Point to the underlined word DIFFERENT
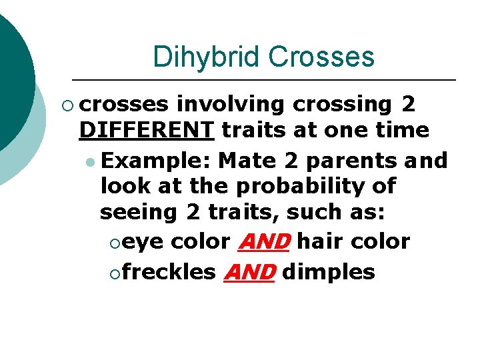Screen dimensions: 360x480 (x=146, y=129)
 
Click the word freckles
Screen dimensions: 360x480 (x=169, y=272)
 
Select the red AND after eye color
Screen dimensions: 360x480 (x=263, y=241)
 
